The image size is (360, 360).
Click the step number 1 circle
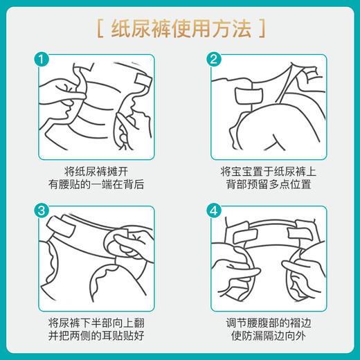(43, 60)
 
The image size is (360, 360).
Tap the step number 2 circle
(213, 60)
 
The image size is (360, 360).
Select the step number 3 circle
(43, 210)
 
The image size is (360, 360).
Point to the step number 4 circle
(213, 210)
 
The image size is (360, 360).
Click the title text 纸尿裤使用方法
(180, 30)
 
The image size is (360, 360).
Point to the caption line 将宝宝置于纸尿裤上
(265, 171)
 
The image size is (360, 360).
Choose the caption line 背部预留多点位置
(265, 186)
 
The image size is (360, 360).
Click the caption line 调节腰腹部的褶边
(265, 322)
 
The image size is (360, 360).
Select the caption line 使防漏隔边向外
(265, 336)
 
